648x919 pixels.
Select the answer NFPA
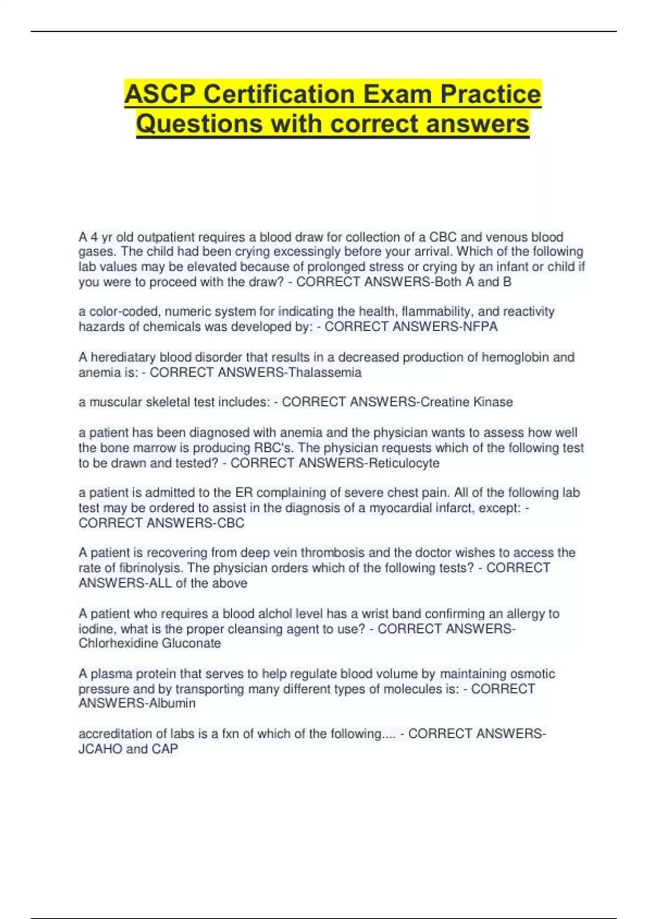[x=480, y=327]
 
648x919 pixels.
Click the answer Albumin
[x=165, y=703]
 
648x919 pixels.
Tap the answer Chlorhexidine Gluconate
[x=150, y=643]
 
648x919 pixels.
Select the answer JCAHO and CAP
[x=128, y=749]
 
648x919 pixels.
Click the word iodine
[x=96, y=629]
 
